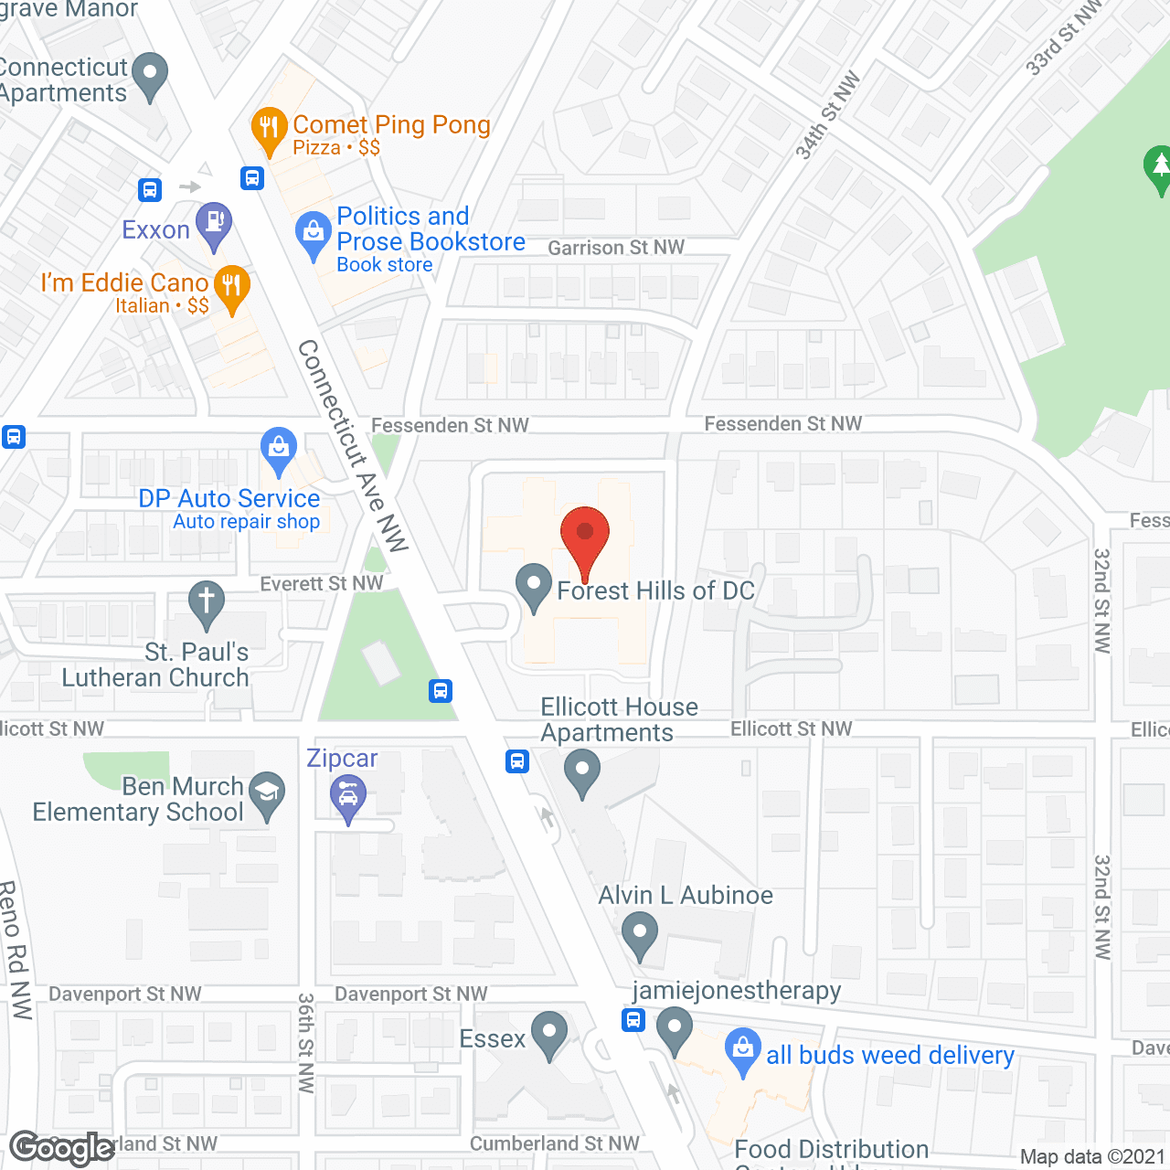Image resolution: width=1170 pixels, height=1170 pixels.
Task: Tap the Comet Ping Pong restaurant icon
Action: point(268,129)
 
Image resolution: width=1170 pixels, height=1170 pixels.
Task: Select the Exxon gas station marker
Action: point(214,224)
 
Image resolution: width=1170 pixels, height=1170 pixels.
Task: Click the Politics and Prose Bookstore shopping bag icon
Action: point(314,234)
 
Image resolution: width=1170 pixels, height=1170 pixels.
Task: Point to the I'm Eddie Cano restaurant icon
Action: point(232,287)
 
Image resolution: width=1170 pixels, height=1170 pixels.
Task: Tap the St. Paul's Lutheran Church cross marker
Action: point(207,603)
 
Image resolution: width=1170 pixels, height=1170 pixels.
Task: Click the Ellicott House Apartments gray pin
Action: point(582,771)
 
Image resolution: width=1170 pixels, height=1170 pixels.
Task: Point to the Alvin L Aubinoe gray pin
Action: point(640,934)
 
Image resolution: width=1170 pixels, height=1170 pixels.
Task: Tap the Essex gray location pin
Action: point(549,1033)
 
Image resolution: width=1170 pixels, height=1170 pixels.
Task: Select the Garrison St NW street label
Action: point(616,248)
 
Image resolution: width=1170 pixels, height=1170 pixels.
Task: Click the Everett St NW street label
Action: point(322,583)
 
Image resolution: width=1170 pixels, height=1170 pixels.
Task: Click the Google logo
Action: point(61,1148)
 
